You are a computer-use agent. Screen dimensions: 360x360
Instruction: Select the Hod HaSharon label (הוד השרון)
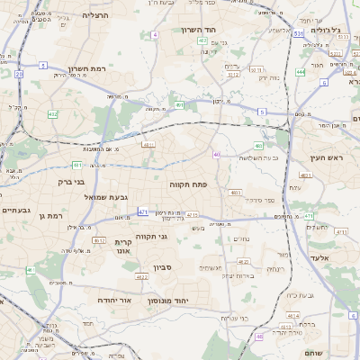point(213,30)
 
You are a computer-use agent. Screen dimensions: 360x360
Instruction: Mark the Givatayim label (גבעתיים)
point(16,210)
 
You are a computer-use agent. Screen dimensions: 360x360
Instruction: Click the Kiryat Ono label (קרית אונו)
point(124,247)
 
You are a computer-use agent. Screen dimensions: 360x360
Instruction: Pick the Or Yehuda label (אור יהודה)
point(112,300)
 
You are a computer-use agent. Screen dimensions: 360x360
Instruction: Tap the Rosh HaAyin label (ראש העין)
point(340,157)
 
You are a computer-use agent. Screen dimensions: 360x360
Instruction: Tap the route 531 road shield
point(297,33)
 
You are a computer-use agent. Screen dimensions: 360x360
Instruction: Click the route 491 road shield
point(180,105)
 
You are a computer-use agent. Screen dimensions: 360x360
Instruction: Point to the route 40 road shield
point(217,154)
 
